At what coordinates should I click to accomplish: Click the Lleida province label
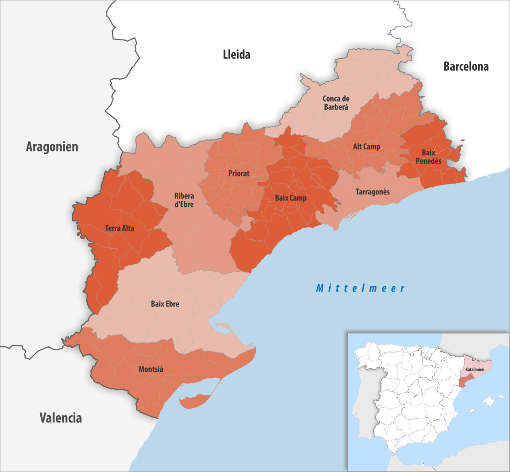[x=236, y=55]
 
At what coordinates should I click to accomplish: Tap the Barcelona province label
[x=466, y=66]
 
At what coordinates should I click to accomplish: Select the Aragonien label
[x=52, y=147]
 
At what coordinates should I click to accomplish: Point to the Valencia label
[x=61, y=418]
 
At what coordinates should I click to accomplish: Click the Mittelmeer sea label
[x=361, y=288]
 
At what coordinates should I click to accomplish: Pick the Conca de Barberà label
[x=335, y=103]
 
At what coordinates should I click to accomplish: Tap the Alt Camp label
[x=367, y=147]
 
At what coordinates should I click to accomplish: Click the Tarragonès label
[x=373, y=191]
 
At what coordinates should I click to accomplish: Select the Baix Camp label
[x=291, y=198]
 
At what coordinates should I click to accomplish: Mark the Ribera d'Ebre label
[x=184, y=200]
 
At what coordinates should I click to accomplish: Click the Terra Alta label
[x=120, y=228]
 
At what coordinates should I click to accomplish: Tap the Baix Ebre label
[x=165, y=304]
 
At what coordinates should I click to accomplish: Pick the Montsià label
[x=151, y=369]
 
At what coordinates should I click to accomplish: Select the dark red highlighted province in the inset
[x=464, y=382]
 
